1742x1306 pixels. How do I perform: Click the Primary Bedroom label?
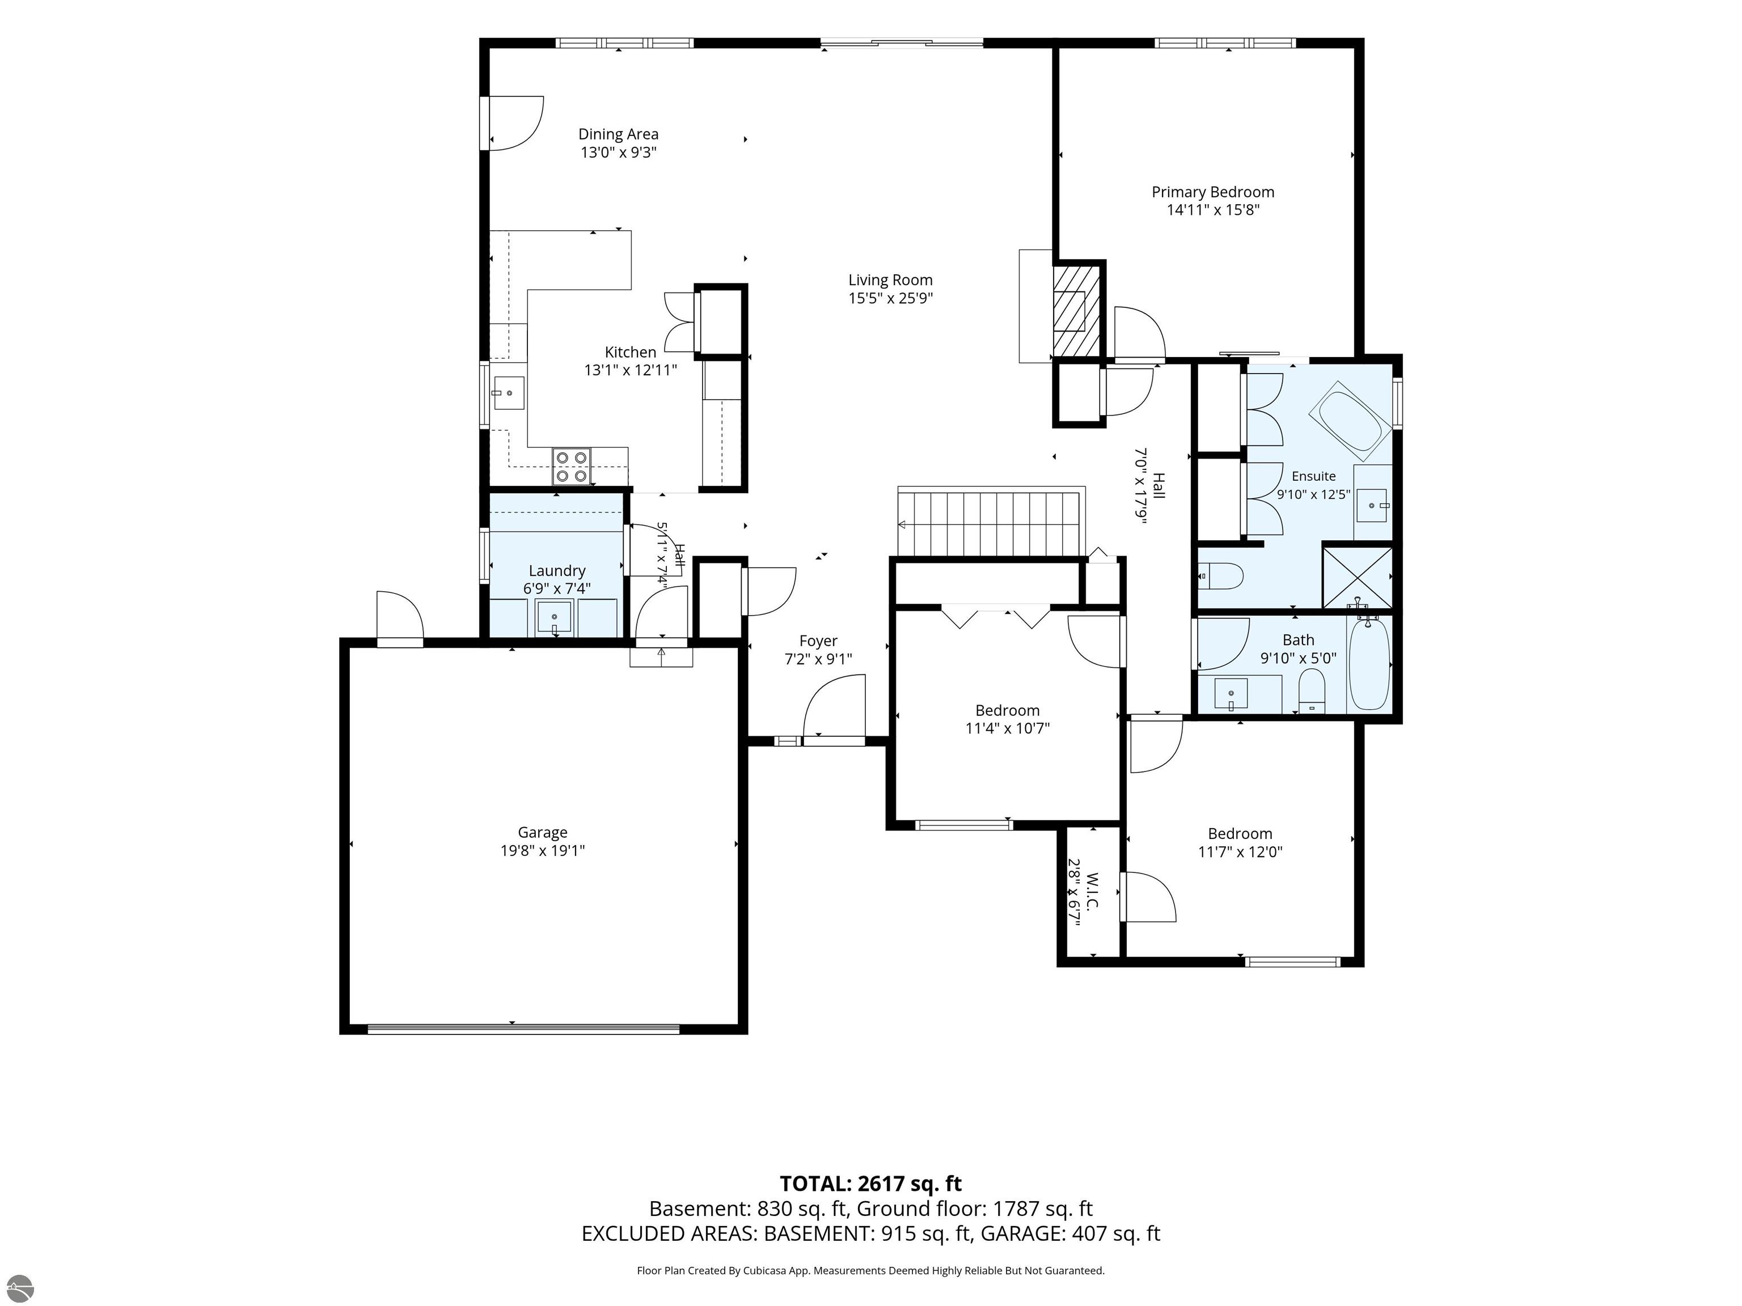(1213, 192)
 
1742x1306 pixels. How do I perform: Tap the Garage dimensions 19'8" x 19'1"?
(543, 851)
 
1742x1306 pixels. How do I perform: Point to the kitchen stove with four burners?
(572, 465)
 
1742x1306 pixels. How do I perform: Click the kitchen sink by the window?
(508, 393)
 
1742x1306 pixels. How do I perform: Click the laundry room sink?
(555, 616)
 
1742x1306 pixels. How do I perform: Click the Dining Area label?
(618, 134)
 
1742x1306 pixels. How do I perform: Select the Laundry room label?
(557, 571)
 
